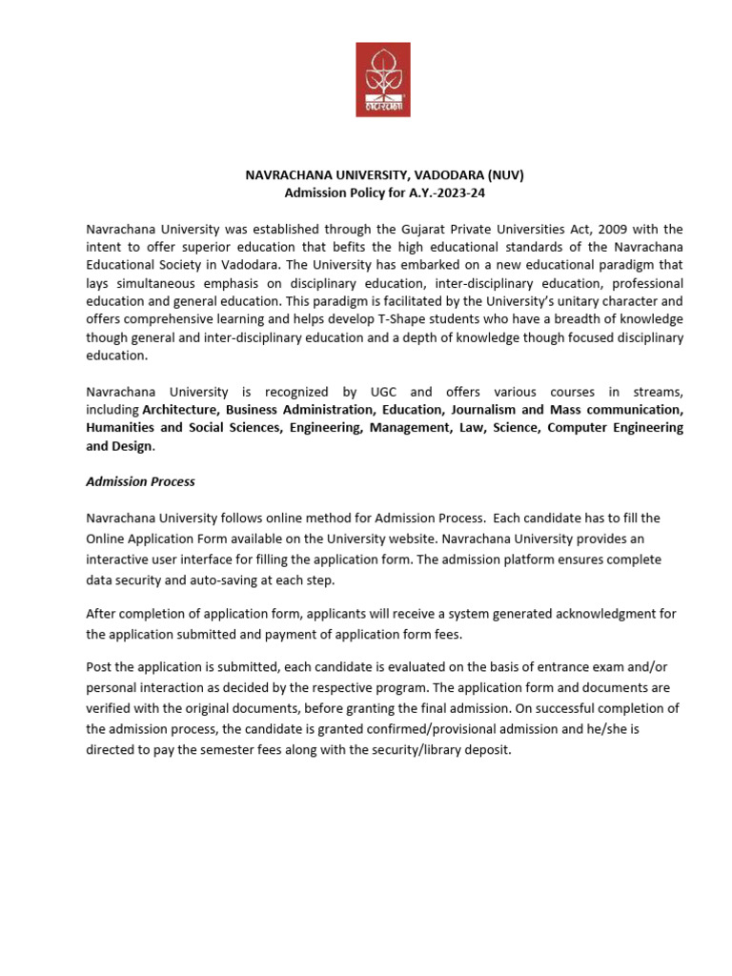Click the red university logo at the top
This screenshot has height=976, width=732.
tap(383, 79)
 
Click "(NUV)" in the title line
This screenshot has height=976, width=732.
tap(504, 175)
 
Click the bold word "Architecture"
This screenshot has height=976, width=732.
tap(180, 410)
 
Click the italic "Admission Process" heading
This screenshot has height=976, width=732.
tap(140, 481)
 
